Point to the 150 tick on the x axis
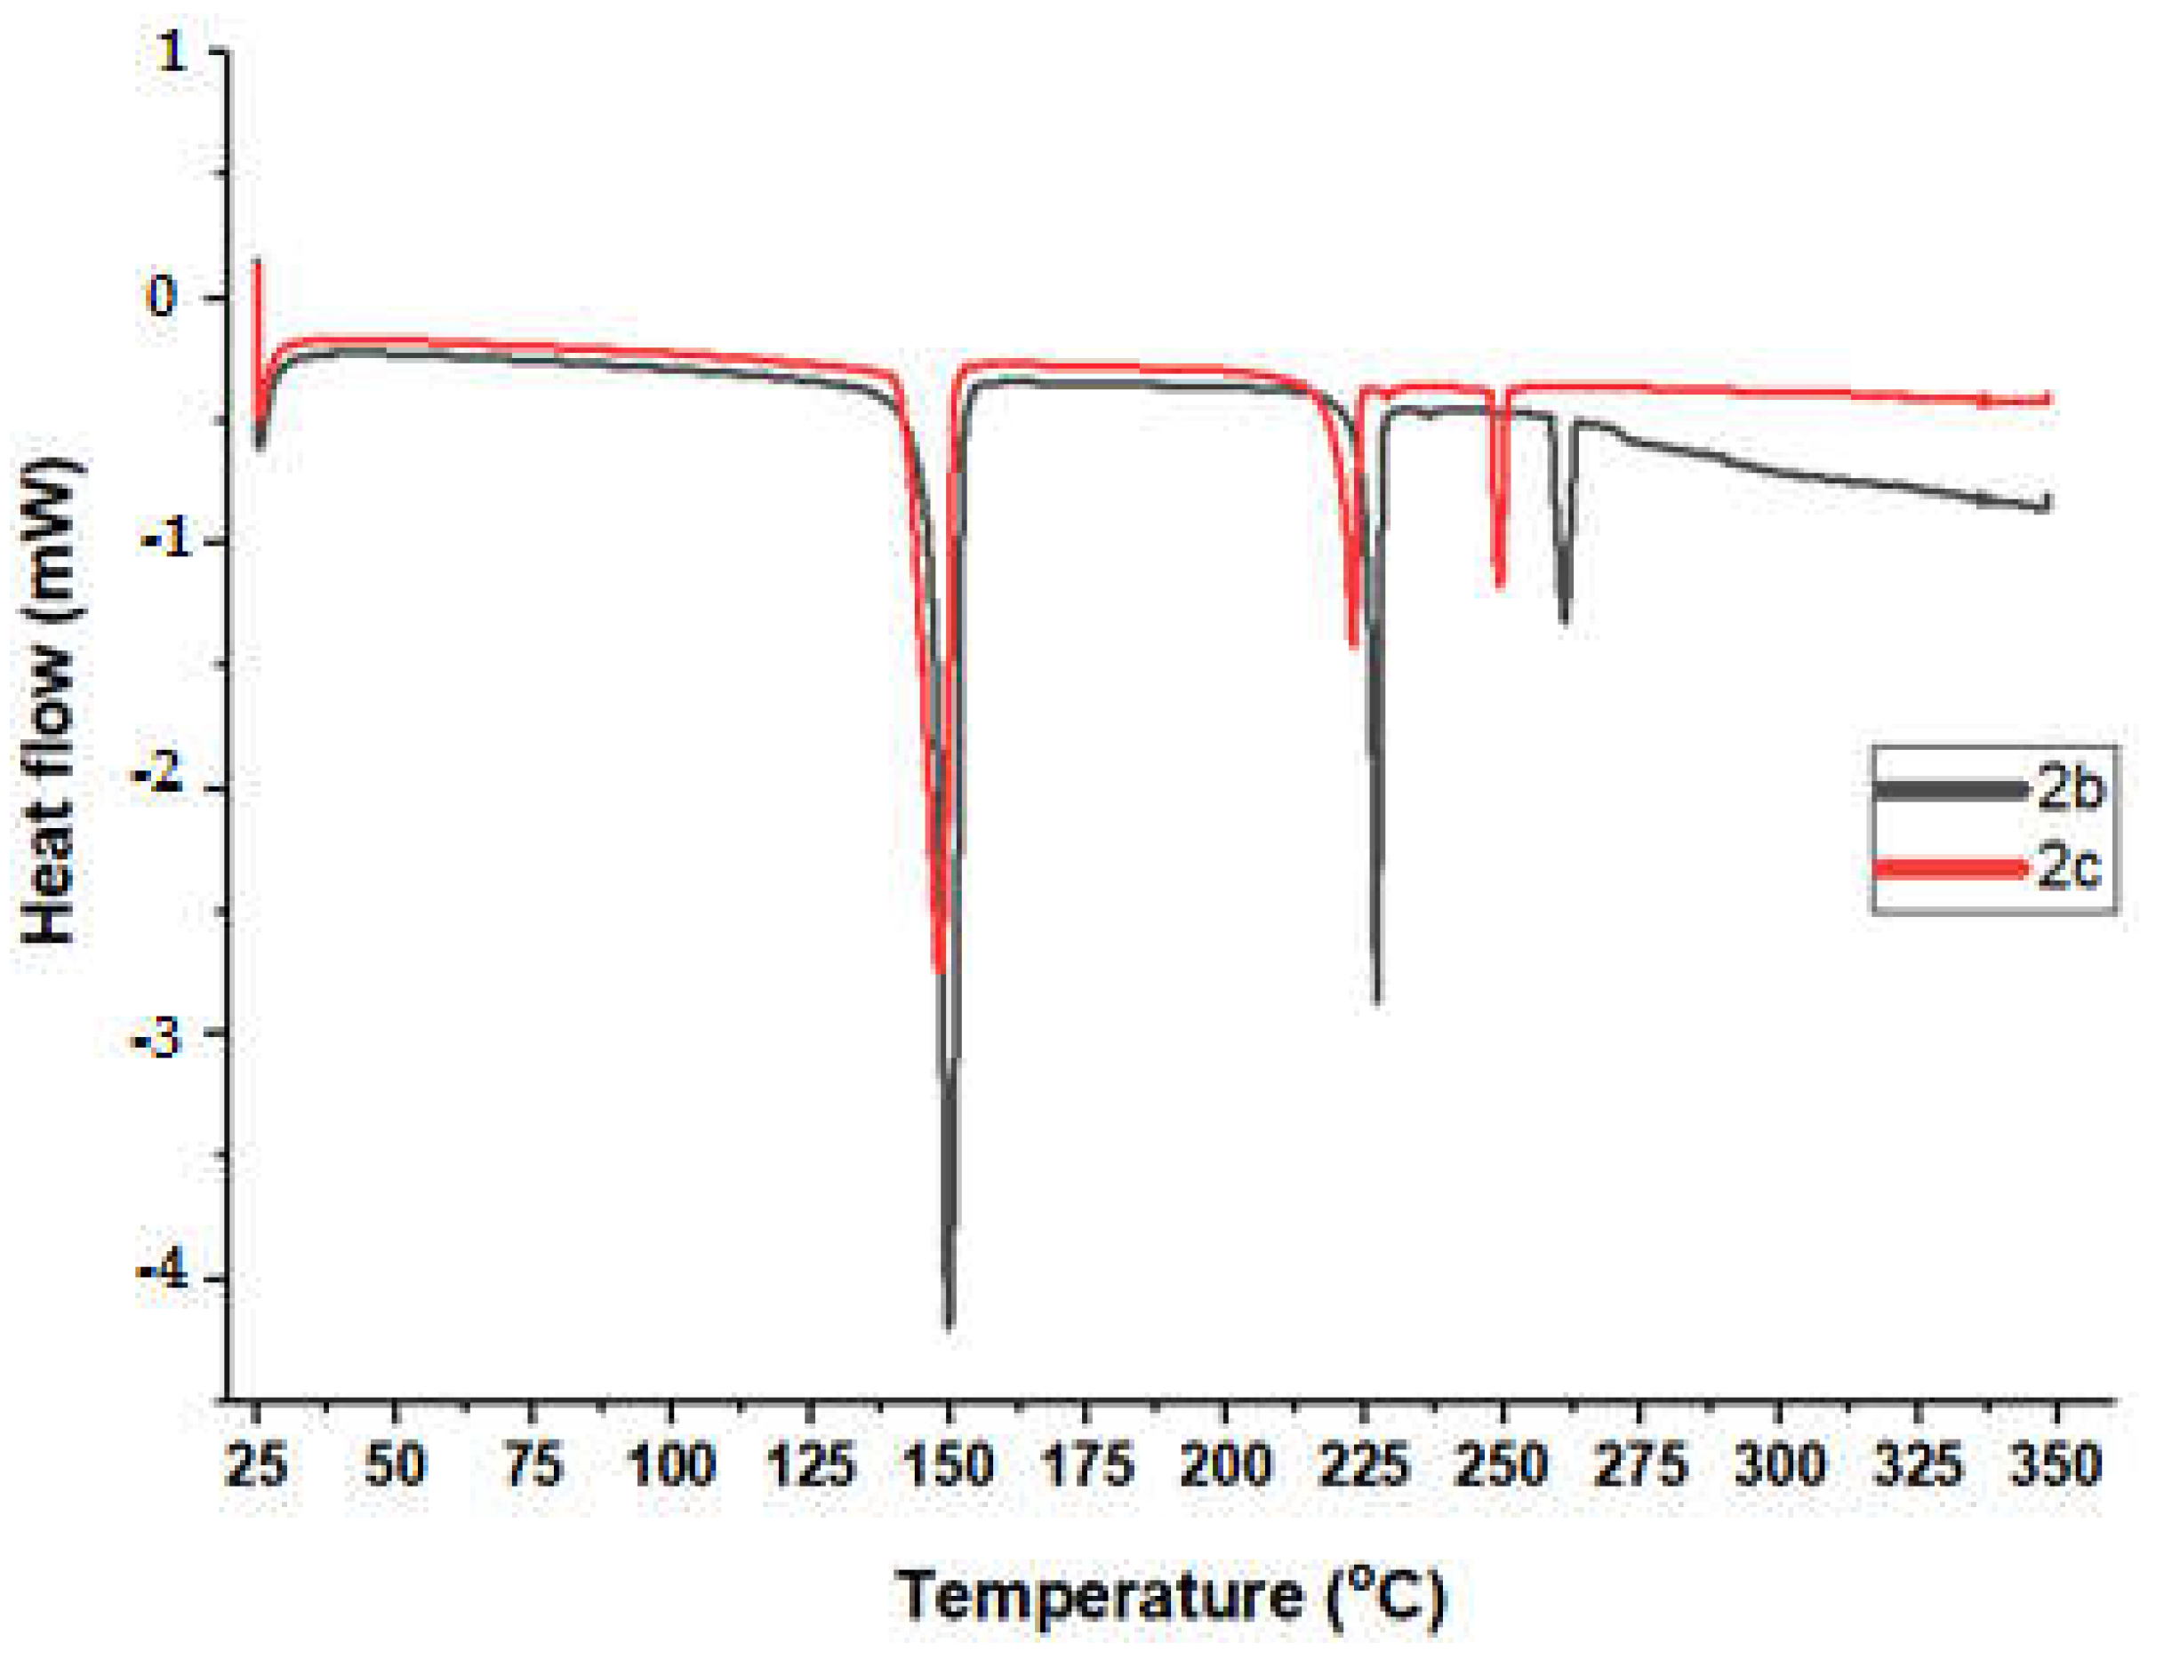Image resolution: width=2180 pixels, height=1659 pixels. coord(949,1466)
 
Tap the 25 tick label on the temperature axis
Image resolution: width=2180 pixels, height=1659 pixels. coord(256,1466)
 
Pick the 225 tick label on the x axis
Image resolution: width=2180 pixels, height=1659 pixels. coord(1364,1466)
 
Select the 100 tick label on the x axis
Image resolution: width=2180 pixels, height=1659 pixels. coord(671,1466)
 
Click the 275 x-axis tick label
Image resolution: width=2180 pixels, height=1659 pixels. coord(1640,1466)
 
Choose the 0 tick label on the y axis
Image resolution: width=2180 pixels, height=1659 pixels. coord(162,296)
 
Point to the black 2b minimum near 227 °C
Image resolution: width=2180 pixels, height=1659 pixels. coord(1377,1001)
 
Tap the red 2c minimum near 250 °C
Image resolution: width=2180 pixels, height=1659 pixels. coord(1500,586)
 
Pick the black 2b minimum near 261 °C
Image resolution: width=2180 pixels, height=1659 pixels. coord(1564,622)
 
